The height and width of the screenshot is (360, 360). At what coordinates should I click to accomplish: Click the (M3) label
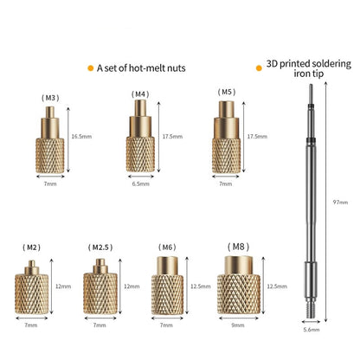click(x=50, y=98)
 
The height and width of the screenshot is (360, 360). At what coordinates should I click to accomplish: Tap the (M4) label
click(x=140, y=94)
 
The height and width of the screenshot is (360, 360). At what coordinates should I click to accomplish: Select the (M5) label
click(x=227, y=92)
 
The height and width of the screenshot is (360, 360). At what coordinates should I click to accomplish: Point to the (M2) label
click(x=31, y=247)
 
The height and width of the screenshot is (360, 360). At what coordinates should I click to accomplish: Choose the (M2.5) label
click(x=100, y=247)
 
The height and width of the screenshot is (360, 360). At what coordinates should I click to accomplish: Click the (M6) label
click(x=167, y=247)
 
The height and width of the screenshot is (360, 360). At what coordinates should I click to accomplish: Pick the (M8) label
click(x=238, y=247)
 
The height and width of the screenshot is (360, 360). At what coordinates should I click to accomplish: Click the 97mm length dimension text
click(x=340, y=202)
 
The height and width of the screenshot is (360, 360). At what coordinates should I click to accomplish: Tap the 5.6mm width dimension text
click(x=312, y=330)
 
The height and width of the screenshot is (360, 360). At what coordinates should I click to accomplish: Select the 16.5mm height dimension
click(x=81, y=136)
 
